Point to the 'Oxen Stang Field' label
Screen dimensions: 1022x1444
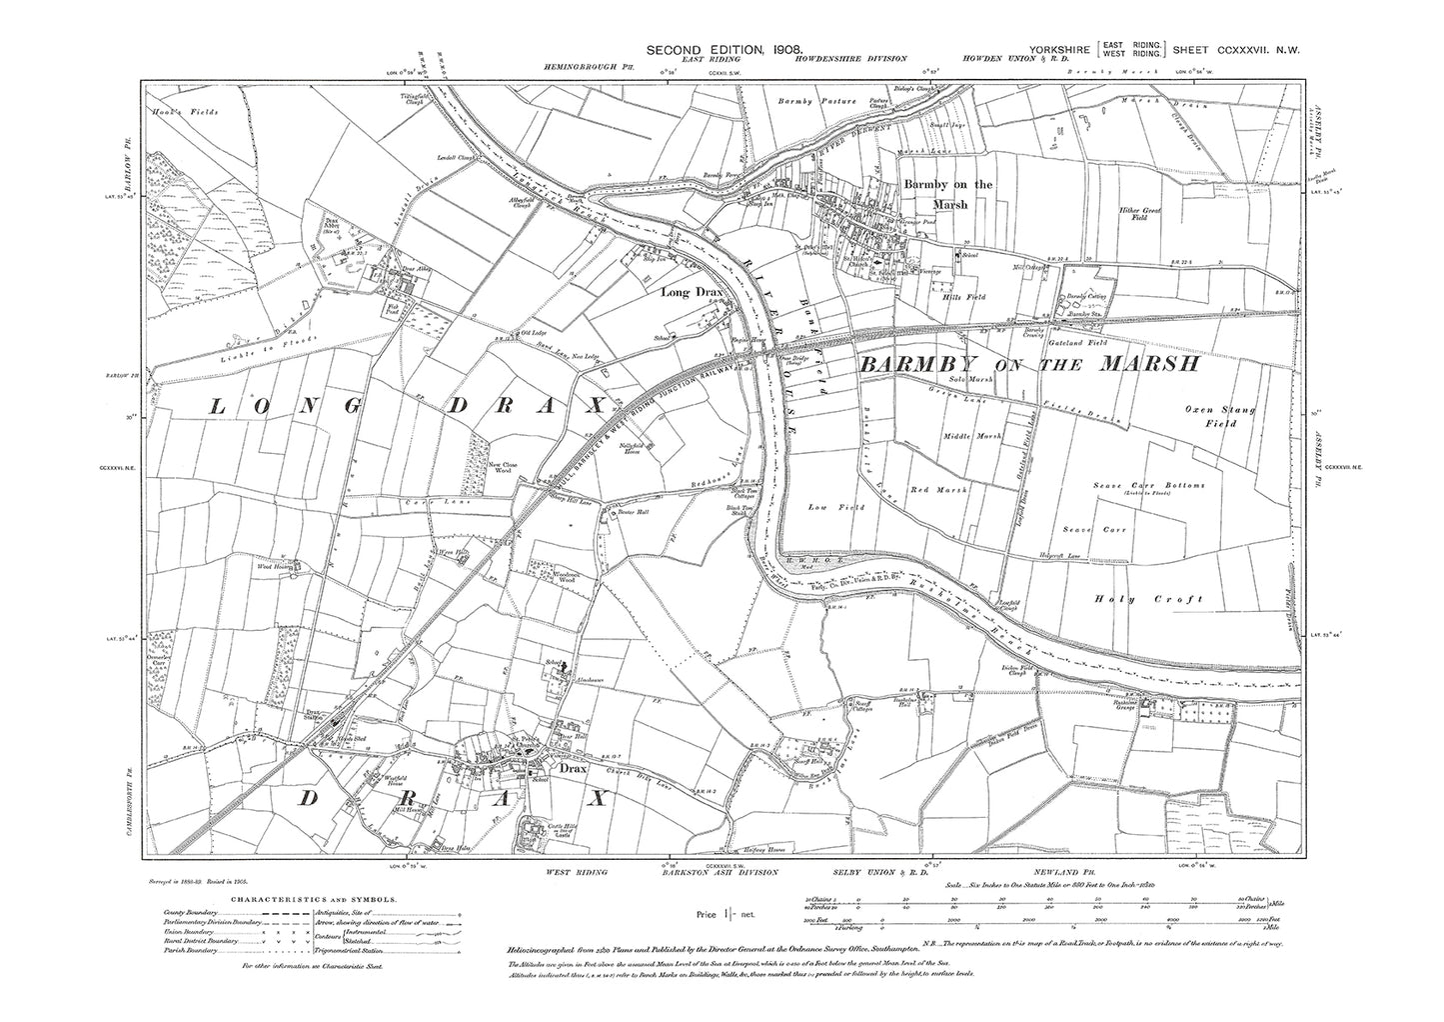tap(1220, 416)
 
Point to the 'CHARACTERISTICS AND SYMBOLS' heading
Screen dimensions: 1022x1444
tap(304, 900)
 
